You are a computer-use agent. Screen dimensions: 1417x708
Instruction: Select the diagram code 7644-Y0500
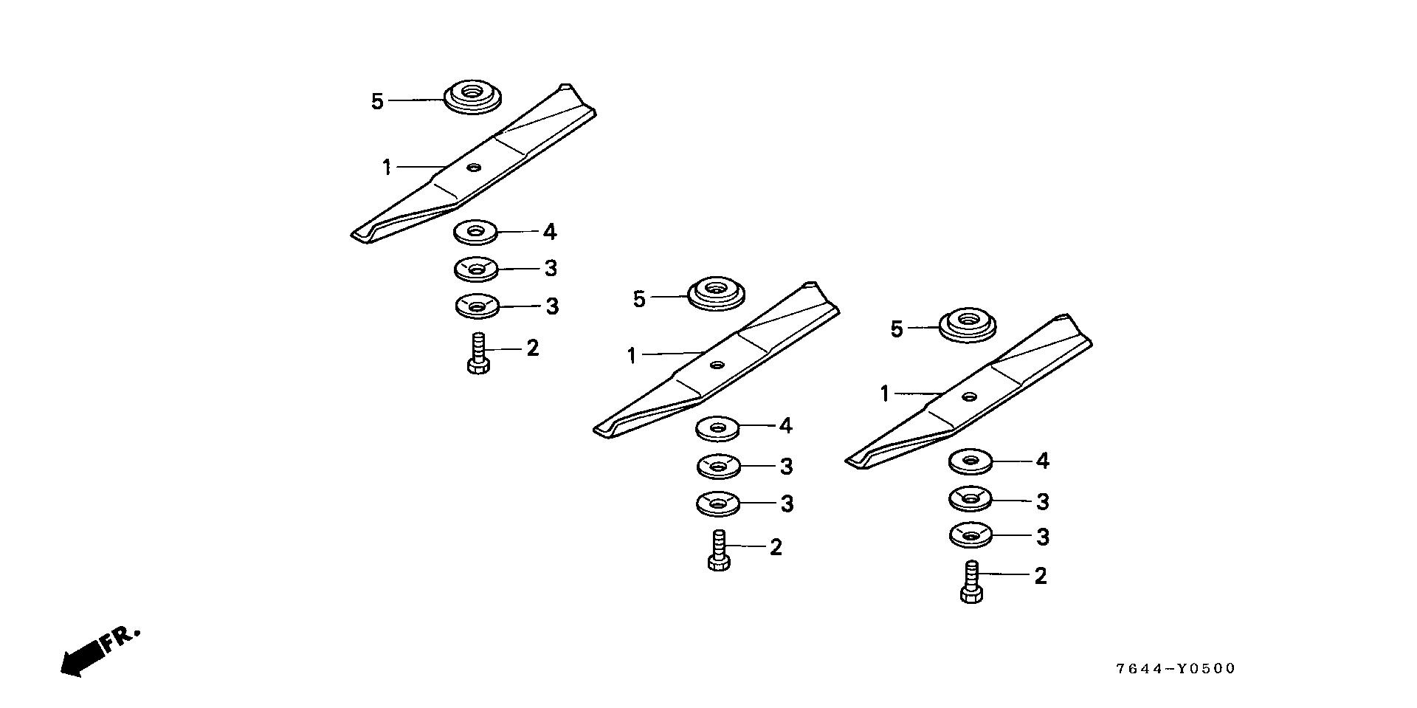pos(1175,669)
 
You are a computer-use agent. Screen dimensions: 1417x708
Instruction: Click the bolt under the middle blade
pos(719,551)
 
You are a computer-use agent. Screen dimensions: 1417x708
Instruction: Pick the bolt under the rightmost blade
pos(972,582)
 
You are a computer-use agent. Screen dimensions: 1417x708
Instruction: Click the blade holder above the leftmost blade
pos(472,97)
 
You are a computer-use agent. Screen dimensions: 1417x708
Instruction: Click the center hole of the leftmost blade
pos(472,168)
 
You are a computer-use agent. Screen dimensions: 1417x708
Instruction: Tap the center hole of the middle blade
pos(717,364)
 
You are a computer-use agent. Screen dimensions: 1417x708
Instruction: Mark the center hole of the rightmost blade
pos(968,396)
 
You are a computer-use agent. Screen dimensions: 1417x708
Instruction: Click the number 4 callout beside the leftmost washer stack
pos(549,232)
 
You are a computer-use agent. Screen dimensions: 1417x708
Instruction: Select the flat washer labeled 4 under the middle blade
pos(717,427)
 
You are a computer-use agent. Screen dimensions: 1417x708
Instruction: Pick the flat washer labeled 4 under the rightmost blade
pos(970,462)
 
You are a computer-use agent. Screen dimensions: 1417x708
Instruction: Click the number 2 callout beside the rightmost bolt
pos(1040,576)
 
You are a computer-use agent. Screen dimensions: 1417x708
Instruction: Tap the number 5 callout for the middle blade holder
pos(639,299)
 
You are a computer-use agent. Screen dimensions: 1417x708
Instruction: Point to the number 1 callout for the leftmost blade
pos(387,168)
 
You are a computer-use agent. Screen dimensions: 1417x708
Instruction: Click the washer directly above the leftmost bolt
pos(477,304)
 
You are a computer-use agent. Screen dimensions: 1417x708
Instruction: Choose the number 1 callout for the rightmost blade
pos(885,394)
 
